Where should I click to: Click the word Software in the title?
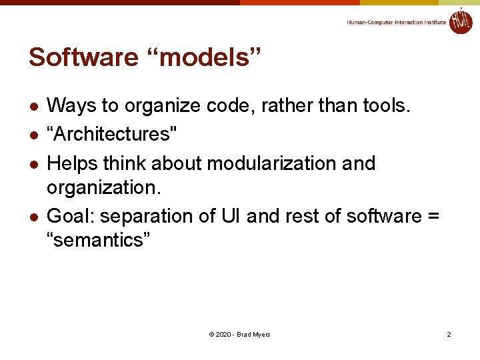point(83,57)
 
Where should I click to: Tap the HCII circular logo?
point(460,21)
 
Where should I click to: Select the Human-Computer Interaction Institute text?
point(396,23)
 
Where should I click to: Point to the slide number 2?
point(449,334)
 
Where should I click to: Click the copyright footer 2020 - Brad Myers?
point(239,334)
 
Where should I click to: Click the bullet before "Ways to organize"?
point(33,106)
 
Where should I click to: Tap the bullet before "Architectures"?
point(33,135)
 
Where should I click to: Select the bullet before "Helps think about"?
point(33,164)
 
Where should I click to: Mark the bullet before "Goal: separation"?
point(33,217)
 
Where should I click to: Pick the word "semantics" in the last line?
point(99,240)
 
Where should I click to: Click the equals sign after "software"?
point(433,217)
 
